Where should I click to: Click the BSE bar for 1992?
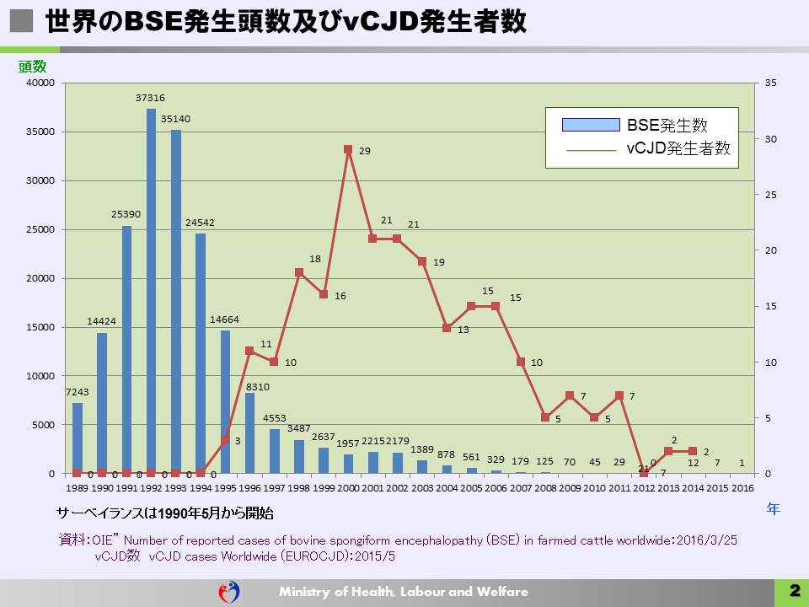[x=151, y=291]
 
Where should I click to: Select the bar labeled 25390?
[x=126, y=349]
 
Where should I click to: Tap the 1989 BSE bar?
[x=78, y=438]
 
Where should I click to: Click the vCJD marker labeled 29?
[x=348, y=149]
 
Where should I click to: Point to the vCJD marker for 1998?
[x=299, y=272]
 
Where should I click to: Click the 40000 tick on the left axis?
[x=40, y=83]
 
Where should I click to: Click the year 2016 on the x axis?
[x=742, y=487]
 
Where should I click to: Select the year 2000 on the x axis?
[x=348, y=487]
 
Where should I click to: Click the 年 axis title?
[x=773, y=508]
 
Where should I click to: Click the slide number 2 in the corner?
[x=793, y=591]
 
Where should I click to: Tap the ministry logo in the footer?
[x=228, y=591]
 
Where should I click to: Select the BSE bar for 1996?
[x=249, y=432]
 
